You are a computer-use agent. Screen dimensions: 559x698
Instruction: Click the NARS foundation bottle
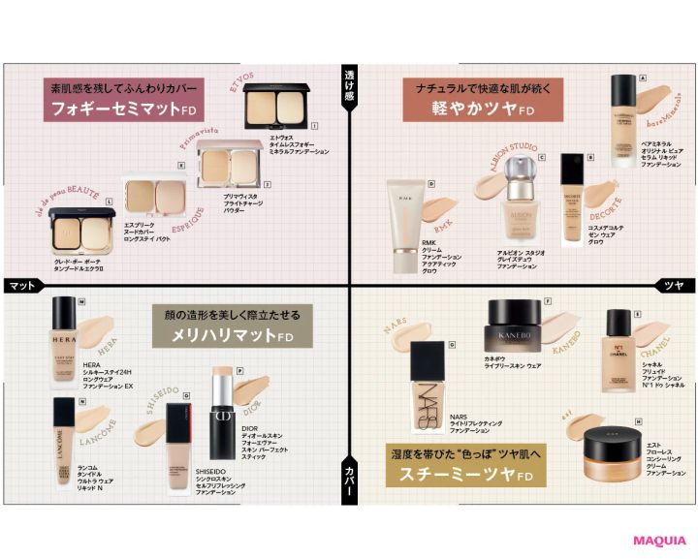(x=429, y=376)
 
